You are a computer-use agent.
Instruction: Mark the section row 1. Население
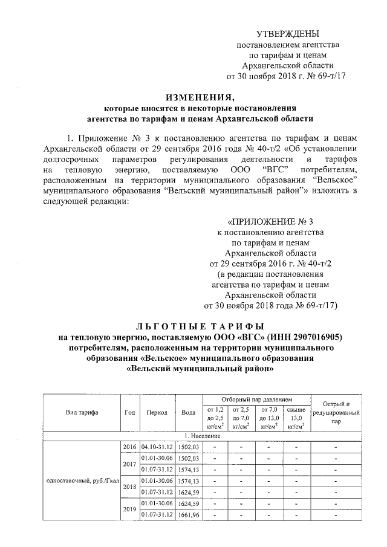pyautogui.click(x=193, y=436)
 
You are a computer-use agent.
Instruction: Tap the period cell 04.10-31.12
pyautogui.click(x=157, y=447)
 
